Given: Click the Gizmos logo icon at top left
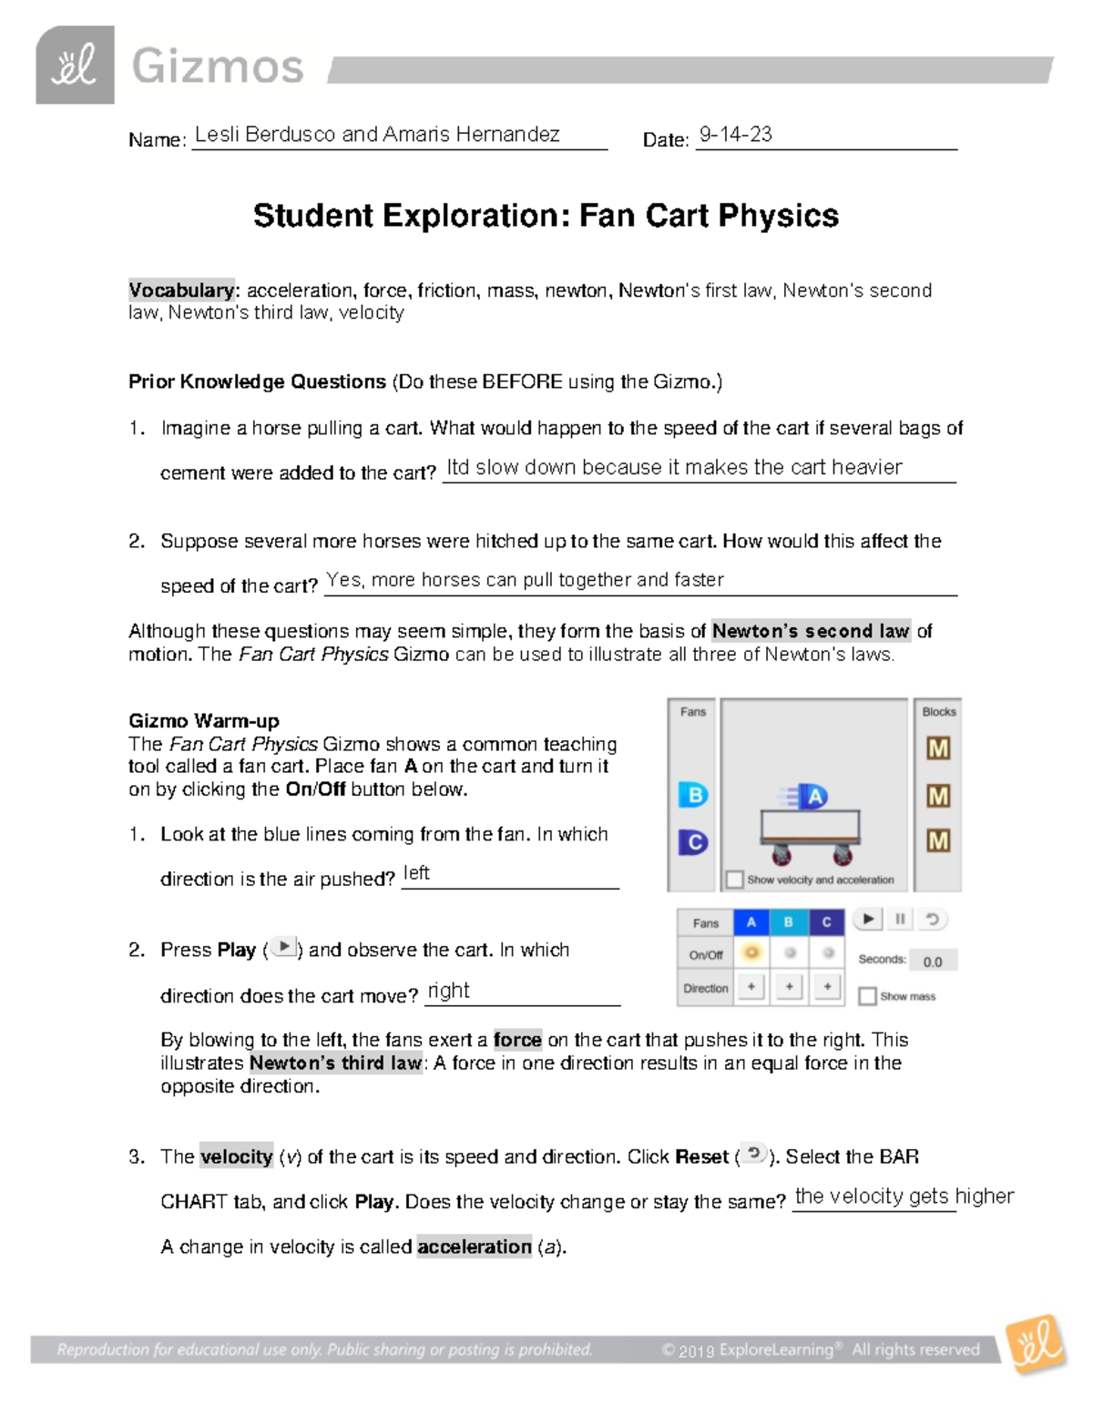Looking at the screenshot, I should pyautogui.click(x=75, y=66).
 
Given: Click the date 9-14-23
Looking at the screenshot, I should pyautogui.click(x=735, y=135).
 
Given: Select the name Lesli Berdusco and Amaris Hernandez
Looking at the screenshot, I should pyautogui.click(x=377, y=135).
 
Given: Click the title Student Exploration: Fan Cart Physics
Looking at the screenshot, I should pyautogui.click(x=546, y=216).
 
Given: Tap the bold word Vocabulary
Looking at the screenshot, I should pyautogui.click(x=181, y=290).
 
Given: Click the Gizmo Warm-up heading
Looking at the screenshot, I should pyautogui.click(x=203, y=721).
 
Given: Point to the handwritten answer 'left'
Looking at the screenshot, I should pyautogui.click(x=416, y=873).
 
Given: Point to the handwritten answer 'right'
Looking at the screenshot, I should pyautogui.click(x=448, y=991).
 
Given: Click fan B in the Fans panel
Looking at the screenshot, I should pyautogui.click(x=693, y=795).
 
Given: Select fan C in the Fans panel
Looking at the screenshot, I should pyautogui.click(x=693, y=842).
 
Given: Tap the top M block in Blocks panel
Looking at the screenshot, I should pyautogui.click(x=938, y=748).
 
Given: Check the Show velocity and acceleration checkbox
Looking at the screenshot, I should pyautogui.click(x=735, y=880).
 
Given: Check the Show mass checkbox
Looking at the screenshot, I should pyautogui.click(x=867, y=996).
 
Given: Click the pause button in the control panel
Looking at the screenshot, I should pyautogui.click(x=900, y=920).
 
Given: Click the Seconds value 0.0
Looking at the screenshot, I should pyautogui.click(x=933, y=961).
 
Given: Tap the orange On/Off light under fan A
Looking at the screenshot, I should pyautogui.click(x=751, y=953).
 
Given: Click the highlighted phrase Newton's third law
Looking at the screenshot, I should pyautogui.click(x=335, y=1063).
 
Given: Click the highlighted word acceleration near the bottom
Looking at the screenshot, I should pyautogui.click(x=474, y=1246).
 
